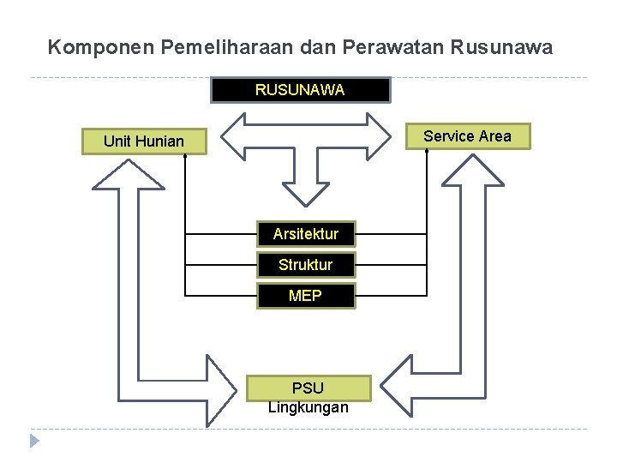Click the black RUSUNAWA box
point(300,90)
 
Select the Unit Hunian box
point(144,141)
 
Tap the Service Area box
point(467,136)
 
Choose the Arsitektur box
point(305,233)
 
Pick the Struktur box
point(305,265)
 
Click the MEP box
point(305,296)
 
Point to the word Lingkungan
point(308,407)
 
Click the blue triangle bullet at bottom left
point(34,442)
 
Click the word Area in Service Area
point(494,136)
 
